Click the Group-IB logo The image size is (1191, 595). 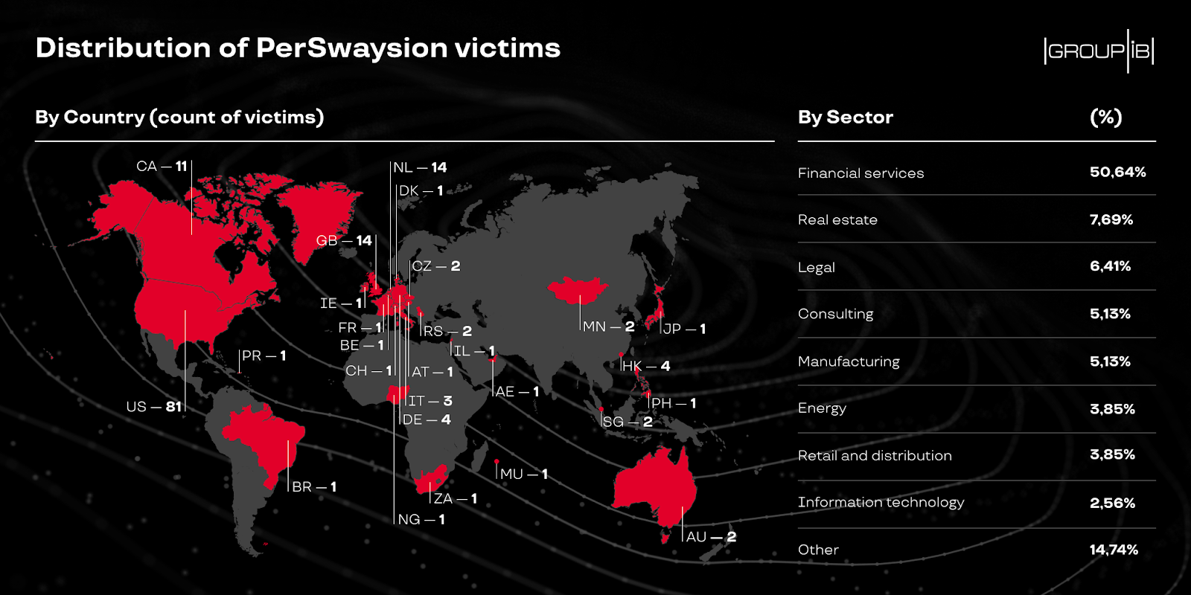(x=1099, y=51)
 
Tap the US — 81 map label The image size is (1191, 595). (x=154, y=407)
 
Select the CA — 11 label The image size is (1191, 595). (x=162, y=167)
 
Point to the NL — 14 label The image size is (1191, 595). (x=420, y=168)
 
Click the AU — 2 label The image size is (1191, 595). (x=711, y=537)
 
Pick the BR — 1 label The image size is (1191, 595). (x=314, y=486)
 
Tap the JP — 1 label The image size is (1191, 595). (x=684, y=329)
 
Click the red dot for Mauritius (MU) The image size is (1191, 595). (x=496, y=462)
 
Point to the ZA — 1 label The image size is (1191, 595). (x=455, y=499)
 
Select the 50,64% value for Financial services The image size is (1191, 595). (x=1117, y=172)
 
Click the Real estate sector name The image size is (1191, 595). (x=837, y=220)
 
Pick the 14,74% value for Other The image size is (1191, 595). (x=1114, y=550)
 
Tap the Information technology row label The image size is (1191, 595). (x=881, y=503)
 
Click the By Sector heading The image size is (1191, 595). (x=846, y=118)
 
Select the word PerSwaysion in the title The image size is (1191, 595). (x=351, y=48)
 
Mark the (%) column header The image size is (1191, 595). (x=1106, y=118)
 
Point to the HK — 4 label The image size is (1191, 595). (x=646, y=366)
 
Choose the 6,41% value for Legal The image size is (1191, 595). (x=1110, y=266)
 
